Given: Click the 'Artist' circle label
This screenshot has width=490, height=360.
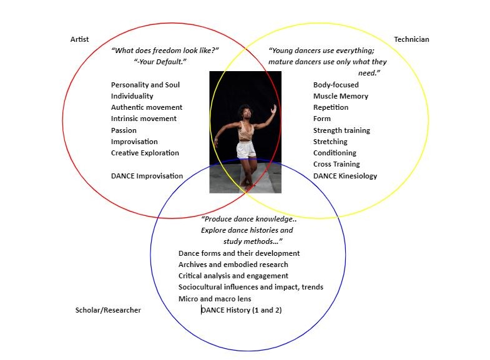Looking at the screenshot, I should click(x=79, y=39).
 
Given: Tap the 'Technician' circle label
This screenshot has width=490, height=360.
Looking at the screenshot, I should click(x=411, y=39).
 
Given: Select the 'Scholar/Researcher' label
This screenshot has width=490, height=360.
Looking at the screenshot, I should click(x=108, y=310).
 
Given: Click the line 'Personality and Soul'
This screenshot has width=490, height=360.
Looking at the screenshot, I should click(x=145, y=85).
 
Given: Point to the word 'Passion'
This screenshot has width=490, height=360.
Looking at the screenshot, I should click(x=124, y=130).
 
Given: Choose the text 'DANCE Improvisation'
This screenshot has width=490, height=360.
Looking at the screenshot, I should click(x=147, y=176).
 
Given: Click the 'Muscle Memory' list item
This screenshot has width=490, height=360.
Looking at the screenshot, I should click(x=341, y=96).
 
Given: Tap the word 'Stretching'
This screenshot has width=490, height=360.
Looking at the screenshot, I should click(x=331, y=142).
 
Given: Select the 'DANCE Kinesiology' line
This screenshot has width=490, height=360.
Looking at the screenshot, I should click(x=345, y=176).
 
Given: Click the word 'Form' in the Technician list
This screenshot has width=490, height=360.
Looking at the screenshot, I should click(x=322, y=119).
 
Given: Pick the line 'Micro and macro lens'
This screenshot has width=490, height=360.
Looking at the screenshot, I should click(x=215, y=299).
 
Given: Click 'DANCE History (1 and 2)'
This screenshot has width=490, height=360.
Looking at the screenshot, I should click(x=242, y=310).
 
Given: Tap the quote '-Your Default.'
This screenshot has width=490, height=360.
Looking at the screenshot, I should click(x=160, y=62).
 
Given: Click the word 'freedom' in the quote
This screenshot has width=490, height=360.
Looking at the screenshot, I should click(x=165, y=51).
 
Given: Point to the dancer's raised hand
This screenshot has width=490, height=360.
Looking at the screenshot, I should click(x=273, y=107).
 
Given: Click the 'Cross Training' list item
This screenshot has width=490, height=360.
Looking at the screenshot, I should click(x=336, y=164).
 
